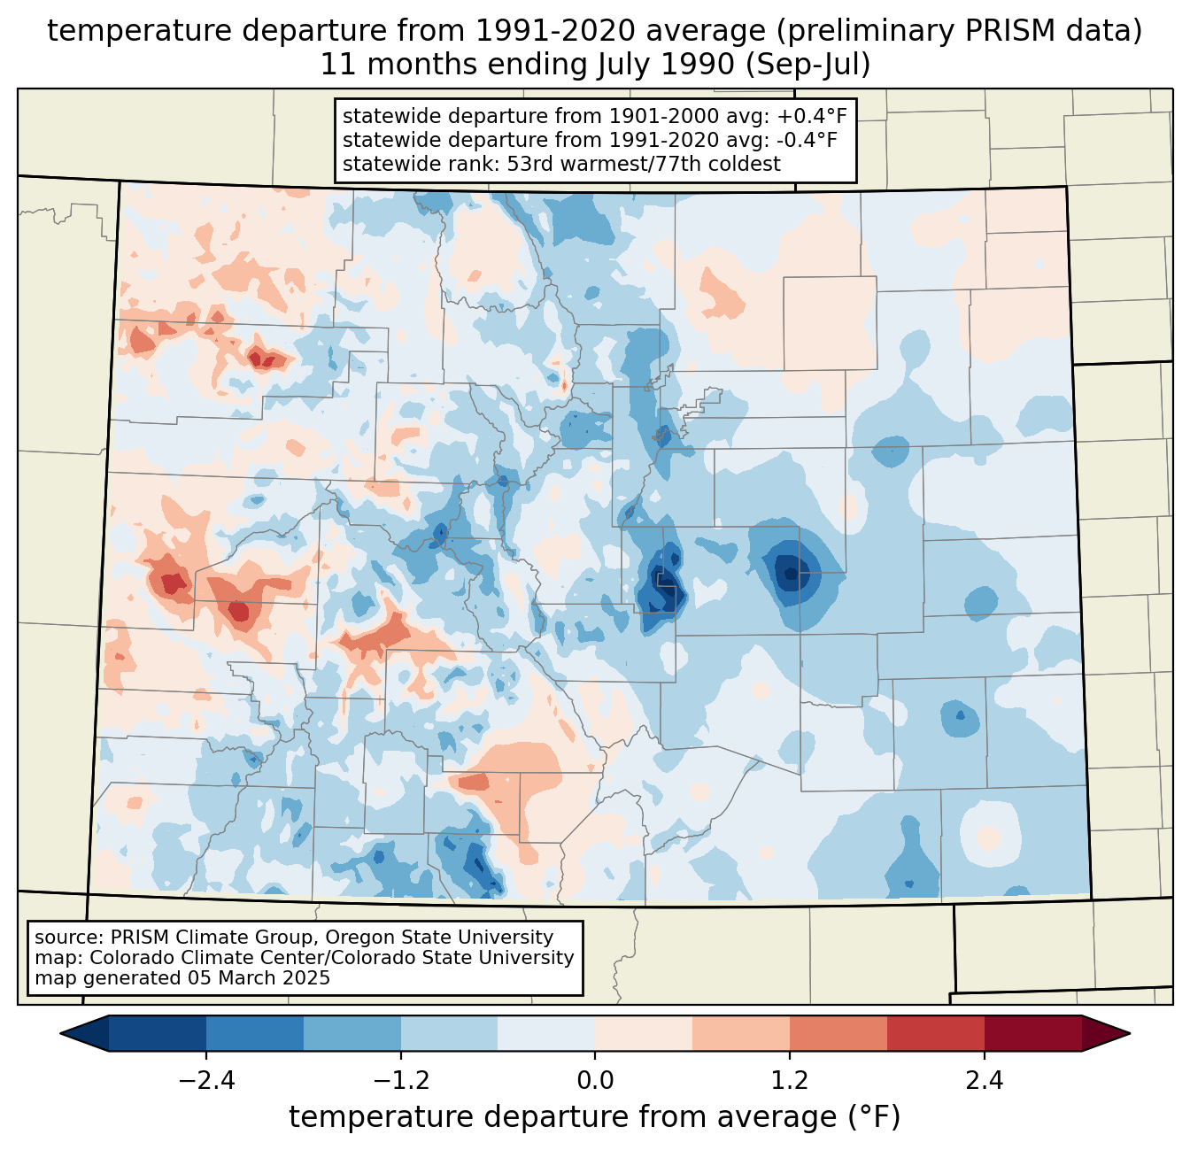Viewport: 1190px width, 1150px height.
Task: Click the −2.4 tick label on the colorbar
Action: pos(206,1081)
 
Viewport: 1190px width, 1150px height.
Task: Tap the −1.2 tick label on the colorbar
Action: pos(400,1081)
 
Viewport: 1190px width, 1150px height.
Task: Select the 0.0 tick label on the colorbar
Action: pos(595,1081)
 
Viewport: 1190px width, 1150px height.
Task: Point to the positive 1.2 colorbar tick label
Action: pos(790,1081)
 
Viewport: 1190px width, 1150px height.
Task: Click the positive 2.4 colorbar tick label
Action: pos(984,1081)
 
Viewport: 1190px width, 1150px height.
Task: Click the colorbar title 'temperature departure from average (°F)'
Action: pos(595,1117)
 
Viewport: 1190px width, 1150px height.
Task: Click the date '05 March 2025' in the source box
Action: pos(259,978)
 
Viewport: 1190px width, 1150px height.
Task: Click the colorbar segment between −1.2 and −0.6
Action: pos(449,1033)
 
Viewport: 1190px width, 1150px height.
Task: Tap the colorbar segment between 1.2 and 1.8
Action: pos(838,1033)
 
